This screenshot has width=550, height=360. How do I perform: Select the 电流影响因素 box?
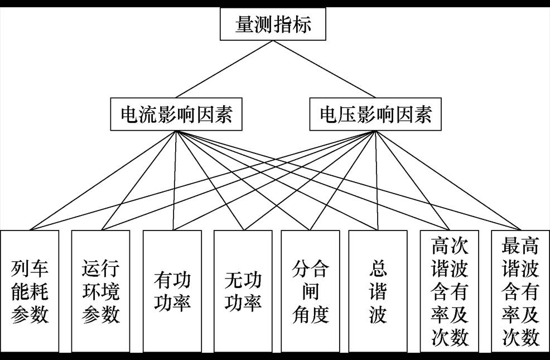coord(177,116)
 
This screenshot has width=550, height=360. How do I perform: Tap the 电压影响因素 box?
coord(376,116)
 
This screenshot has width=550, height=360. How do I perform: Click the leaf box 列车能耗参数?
coord(30,291)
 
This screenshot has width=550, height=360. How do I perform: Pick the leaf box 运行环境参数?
coord(101,291)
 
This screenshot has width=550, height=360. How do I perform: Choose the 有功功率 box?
coord(172,291)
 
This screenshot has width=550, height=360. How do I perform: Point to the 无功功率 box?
coord(243,291)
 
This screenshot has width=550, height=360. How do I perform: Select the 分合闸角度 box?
coord(311,291)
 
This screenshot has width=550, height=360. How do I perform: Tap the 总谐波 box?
coord(378,291)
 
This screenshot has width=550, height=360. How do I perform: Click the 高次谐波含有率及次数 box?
coord(450,291)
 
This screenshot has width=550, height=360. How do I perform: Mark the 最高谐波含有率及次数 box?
coord(520,291)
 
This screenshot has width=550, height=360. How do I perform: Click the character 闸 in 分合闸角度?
coord(311,291)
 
